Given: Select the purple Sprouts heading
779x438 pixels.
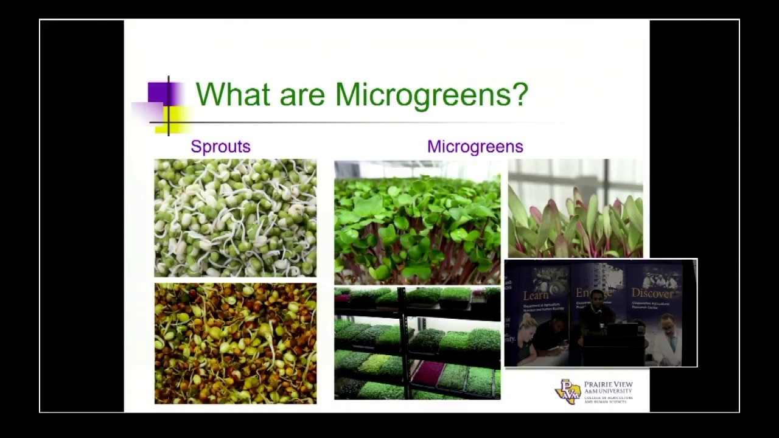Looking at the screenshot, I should (220, 147).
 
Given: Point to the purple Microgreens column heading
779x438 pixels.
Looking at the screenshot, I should (475, 147).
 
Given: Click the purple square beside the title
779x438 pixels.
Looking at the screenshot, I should (159, 92).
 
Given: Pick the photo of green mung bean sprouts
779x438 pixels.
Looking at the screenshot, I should (235, 218).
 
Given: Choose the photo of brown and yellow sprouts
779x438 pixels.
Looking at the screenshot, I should (235, 343).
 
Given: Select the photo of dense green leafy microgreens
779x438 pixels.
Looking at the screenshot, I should (417, 222).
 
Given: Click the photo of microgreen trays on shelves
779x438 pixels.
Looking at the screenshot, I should (417, 343).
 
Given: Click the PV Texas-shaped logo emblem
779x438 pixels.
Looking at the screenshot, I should (567, 392).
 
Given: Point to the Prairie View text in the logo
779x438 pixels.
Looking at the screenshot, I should (608, 385).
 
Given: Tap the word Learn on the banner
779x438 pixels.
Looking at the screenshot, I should (536, 296).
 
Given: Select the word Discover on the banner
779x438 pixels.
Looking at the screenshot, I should (652, 294).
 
